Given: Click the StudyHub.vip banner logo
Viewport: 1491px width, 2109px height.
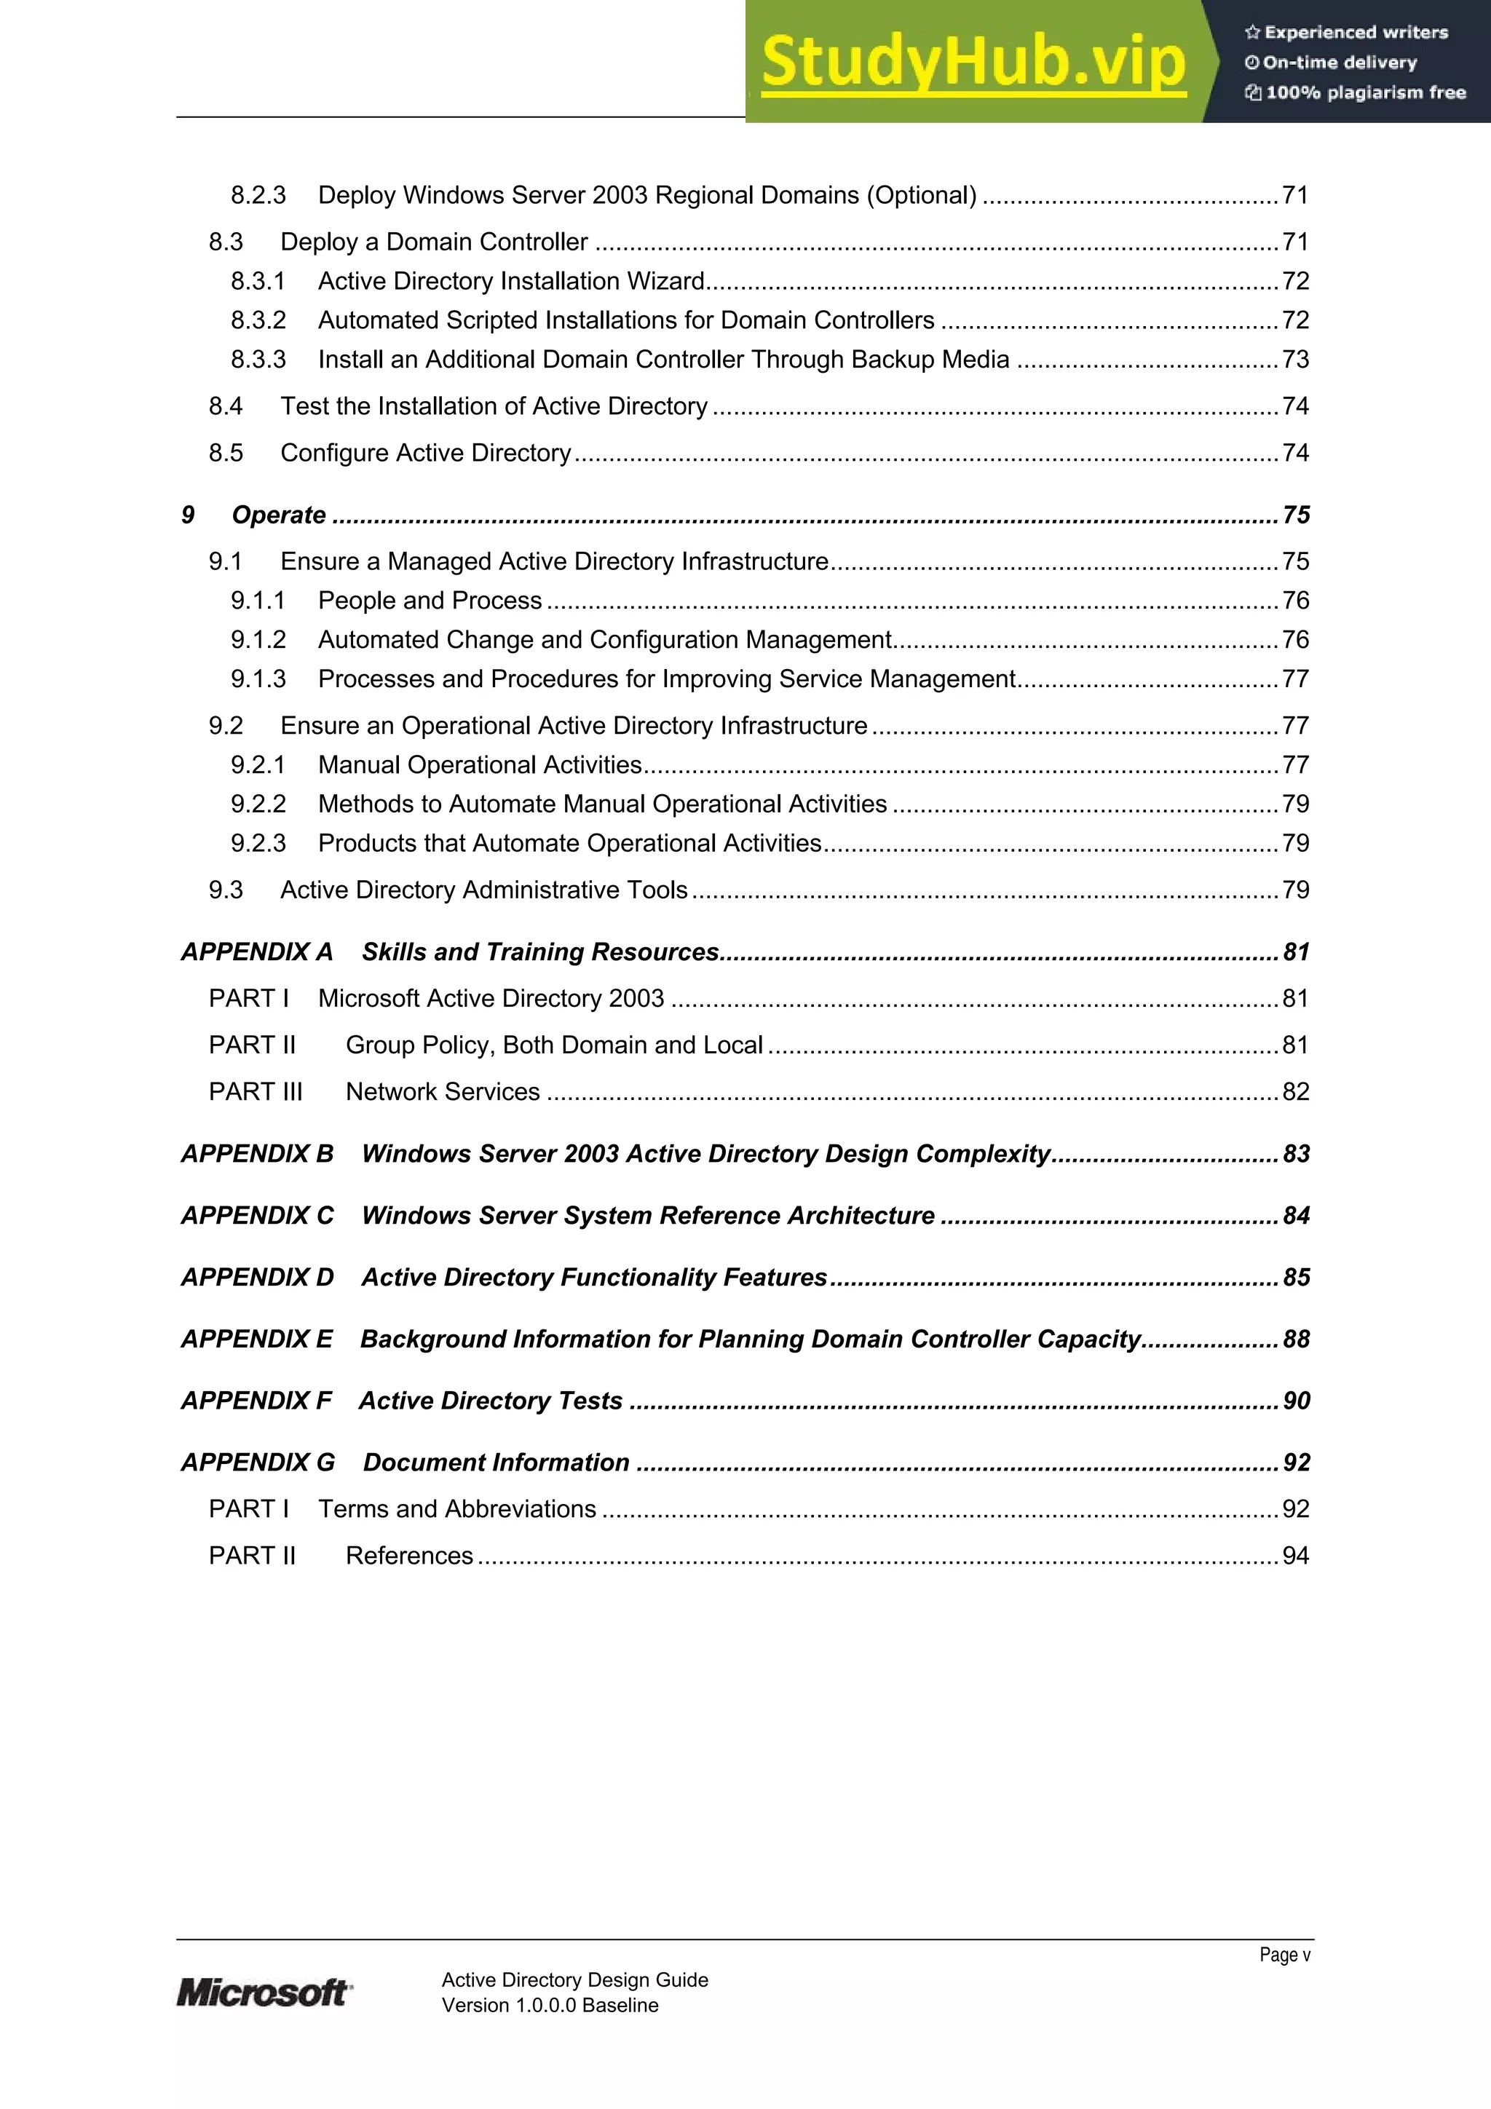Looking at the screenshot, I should tap(974, 62).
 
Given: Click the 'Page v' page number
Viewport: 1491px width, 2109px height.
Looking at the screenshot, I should tap(1284, 1954).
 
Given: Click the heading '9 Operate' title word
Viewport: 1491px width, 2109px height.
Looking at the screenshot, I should tap(278, 515).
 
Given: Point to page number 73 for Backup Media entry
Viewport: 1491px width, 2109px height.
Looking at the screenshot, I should tap(1295, 359).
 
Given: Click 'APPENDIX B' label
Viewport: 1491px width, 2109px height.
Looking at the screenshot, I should tap(257, 1154).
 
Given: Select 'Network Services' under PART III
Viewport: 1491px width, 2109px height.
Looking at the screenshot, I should tap(442, 1091).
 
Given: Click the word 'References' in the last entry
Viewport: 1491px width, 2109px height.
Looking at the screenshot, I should tap(409, 1555).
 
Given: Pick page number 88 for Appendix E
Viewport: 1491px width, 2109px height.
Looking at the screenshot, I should tap(1295, 1340).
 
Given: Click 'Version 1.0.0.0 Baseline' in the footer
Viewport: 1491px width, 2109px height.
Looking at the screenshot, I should tap(550, 2005).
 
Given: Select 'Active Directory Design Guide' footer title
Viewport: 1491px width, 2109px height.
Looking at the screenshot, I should tap(574, 1979).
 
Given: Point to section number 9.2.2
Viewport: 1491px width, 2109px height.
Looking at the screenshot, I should tap(258, 804).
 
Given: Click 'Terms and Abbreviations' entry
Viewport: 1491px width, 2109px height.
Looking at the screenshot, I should tap(456, 1508).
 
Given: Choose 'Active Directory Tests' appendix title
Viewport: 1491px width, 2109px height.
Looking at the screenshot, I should tap(491, 1401).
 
